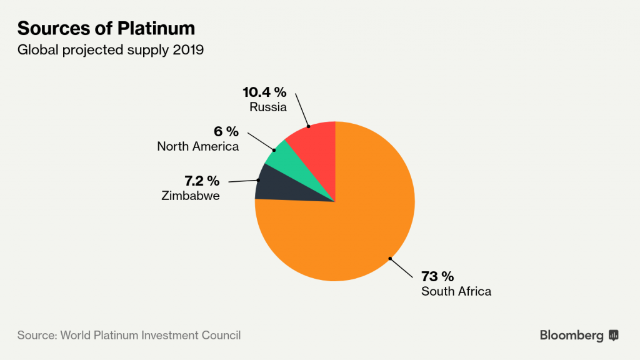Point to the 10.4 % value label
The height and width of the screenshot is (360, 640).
pos(264,92)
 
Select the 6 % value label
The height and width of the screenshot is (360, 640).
pos(226,132)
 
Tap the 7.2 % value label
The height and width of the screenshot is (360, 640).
pos(201,181)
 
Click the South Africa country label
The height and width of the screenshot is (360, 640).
pos(456,291)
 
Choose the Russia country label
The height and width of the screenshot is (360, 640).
pos(267,107)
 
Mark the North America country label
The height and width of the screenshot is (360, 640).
pos(197,147)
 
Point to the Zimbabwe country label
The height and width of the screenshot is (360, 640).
pos(190,196)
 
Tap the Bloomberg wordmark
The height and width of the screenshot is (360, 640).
pos(571,336)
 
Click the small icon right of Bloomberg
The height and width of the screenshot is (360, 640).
pos(613,336)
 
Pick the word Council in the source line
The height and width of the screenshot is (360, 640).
pos(219,335)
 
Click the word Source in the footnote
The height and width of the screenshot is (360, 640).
pos(36,335)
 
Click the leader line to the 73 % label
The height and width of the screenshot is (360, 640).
pos(401,267)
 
